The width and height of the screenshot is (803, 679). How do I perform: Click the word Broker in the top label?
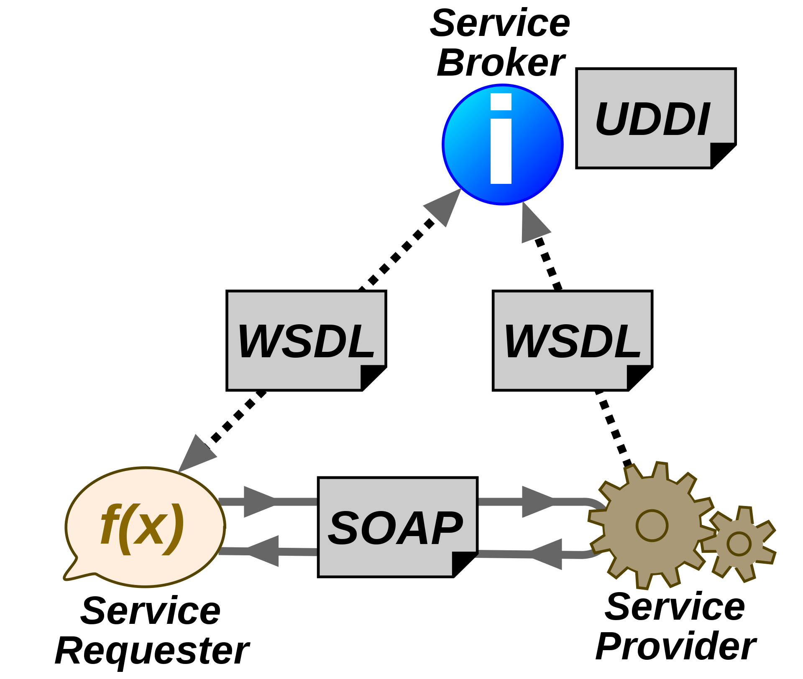pyautogui.click(x=500, y=63)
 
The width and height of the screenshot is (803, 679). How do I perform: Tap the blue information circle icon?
pyautogui.click(x=503, y=145)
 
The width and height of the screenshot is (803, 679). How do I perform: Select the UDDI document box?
pyautogui.click(x=656, y=118)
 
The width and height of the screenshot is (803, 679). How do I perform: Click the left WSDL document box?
pyautogui.click(x=306, y=341)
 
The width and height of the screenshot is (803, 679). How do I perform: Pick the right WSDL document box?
pyautogui.click(x=573, y=341)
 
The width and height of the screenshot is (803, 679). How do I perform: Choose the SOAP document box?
pyautogui.click(x=398, y=527)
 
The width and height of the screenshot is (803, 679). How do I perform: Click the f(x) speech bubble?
pyautogui.click(x=145, y=527)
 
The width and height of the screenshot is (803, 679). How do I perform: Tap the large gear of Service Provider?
pyautogui.click(x=652, y=525)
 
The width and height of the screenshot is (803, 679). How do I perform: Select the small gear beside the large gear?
pyautogui.click(x=739, y=544)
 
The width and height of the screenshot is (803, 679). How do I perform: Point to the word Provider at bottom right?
pyautogui.click(x=675, y=646)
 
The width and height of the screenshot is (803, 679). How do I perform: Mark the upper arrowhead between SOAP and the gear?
pyautogui.click(x=538, y=501)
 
